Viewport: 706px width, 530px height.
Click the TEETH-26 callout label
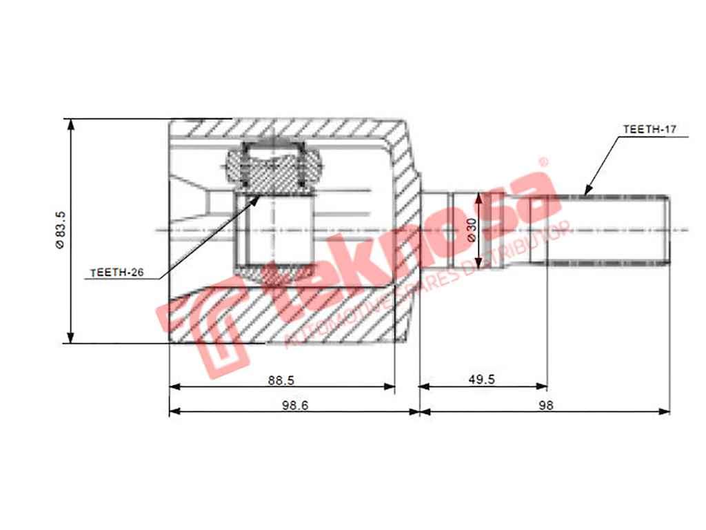point(117,273)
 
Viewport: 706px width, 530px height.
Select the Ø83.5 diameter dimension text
point(60,230)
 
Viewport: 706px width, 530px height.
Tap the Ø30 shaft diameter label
point(472,229)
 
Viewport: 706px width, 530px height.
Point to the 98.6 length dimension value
point(294,405)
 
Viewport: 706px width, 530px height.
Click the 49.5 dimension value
point(481,379)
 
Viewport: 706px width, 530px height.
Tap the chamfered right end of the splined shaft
point(667,230)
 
